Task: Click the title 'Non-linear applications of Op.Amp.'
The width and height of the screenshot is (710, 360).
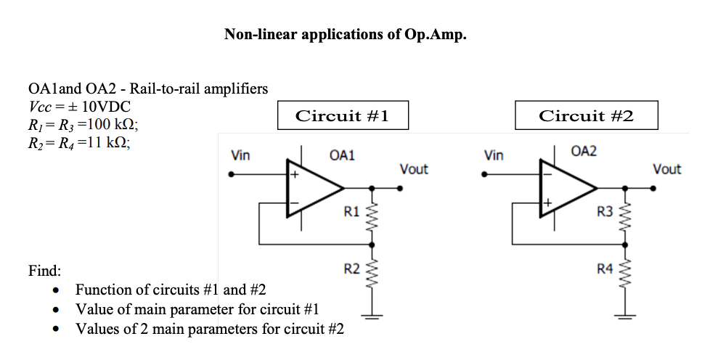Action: pos(345,34)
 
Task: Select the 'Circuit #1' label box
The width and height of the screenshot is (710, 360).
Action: pos(342,116)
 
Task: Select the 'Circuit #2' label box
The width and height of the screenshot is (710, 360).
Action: pos(586,116)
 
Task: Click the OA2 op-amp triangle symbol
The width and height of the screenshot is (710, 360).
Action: pos(566,188)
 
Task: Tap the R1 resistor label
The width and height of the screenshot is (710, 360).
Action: pos(351,212)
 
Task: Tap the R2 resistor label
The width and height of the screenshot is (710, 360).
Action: pos(351,270)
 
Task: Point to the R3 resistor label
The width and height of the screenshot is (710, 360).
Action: pos(605,212)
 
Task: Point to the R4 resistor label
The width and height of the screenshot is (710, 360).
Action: pos(605,270)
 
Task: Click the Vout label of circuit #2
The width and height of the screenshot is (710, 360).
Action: pos(666,169)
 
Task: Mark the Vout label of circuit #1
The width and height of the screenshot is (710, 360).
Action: pos(414,169)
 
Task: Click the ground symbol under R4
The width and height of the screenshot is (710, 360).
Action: pos(626,317)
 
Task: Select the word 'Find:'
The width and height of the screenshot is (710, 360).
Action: pos(44,271)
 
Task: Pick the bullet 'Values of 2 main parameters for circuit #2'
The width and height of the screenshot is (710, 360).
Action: pos(210,329)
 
